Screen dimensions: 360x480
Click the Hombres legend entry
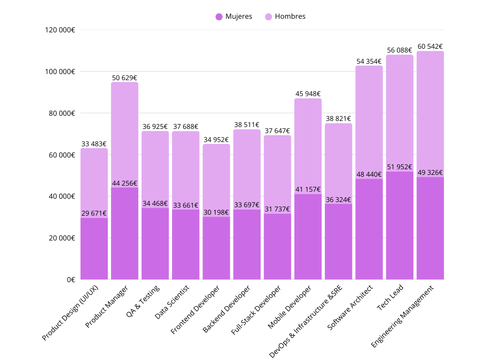pyautogui.click(x=285, y=16)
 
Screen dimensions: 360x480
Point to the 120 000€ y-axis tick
pyautogui.click(x=60, y=30)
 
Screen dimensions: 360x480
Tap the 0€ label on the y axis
pyautogui.click(x=70, y=279)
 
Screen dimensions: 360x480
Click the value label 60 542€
pyautogui.click(x=430, y=46)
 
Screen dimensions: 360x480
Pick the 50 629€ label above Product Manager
pyautogui.click(x=125, y=78)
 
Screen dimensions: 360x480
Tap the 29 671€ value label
pyautogui.click(x=94, y=213)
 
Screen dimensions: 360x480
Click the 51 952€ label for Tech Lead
pyautogui.click(x=399, y=167)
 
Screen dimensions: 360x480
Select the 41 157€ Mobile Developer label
pyautogui.click(x=308, y=189)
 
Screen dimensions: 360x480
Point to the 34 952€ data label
pyautogui.click(x=216, y=140)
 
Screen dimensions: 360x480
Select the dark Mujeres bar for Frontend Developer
pyautogui.click(x=216, y=248)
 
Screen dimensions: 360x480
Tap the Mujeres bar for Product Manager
pyautogui.click(x=125, y=234)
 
